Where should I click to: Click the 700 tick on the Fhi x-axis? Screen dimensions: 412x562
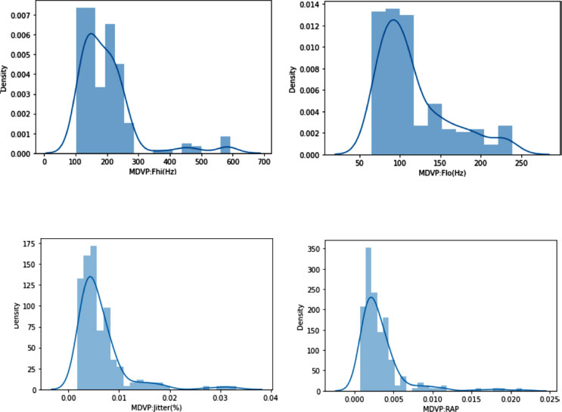click(264, 163)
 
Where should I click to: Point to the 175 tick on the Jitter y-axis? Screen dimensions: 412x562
click(28, 244)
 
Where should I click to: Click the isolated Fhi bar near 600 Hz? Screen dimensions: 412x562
click(225, 145)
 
